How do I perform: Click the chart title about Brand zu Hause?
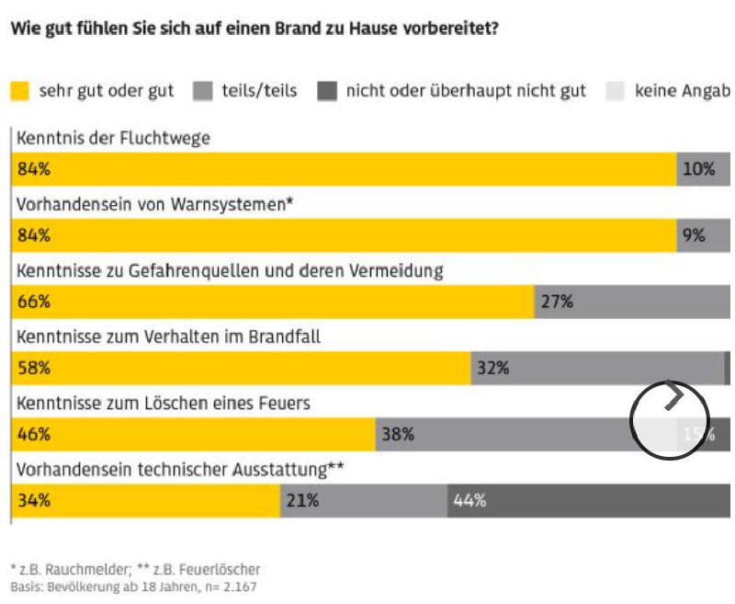(x=254, y=28)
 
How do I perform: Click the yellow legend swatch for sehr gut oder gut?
(x=20, y=91)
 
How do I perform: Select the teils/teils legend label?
(x=259, y=91)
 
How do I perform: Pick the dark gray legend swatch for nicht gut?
(x=327, y=91)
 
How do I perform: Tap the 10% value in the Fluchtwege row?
(x=698, y=169)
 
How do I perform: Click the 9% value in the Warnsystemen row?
(x=694, y=235)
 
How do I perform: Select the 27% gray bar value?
(x=557, y=302)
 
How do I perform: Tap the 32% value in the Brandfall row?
(x=492, y=368)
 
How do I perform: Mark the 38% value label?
(x=398, y=434)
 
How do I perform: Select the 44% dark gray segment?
(x=469, y=501)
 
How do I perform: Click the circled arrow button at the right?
(x=670, y=419)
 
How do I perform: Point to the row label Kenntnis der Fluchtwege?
(x=113, y=138)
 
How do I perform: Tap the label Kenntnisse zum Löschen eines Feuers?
(x=164, y=403)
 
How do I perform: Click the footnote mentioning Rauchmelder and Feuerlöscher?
(x=135, y=569)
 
